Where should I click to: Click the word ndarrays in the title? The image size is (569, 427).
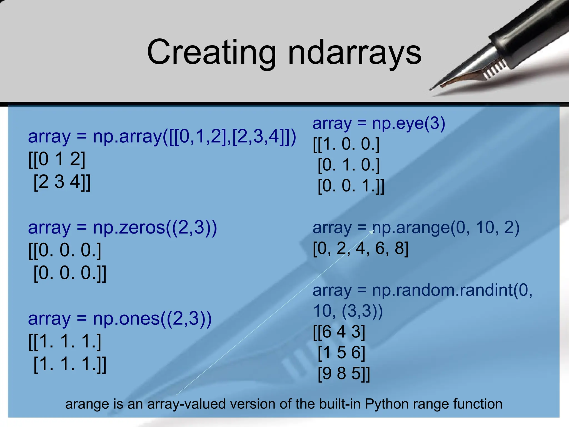(355, 53)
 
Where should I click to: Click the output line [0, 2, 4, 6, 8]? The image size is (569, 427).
(360, 248)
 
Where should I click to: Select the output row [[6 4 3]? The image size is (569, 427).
(339, 332)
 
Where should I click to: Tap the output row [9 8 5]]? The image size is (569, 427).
(344, 373)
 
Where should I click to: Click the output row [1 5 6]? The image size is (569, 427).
(341, 352)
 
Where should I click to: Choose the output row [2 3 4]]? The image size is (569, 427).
(62, 182)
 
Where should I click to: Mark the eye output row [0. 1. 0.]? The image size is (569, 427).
(348, 165)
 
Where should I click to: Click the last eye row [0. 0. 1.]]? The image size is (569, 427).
(351, 186)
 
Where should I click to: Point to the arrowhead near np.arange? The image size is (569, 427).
(372, 232)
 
